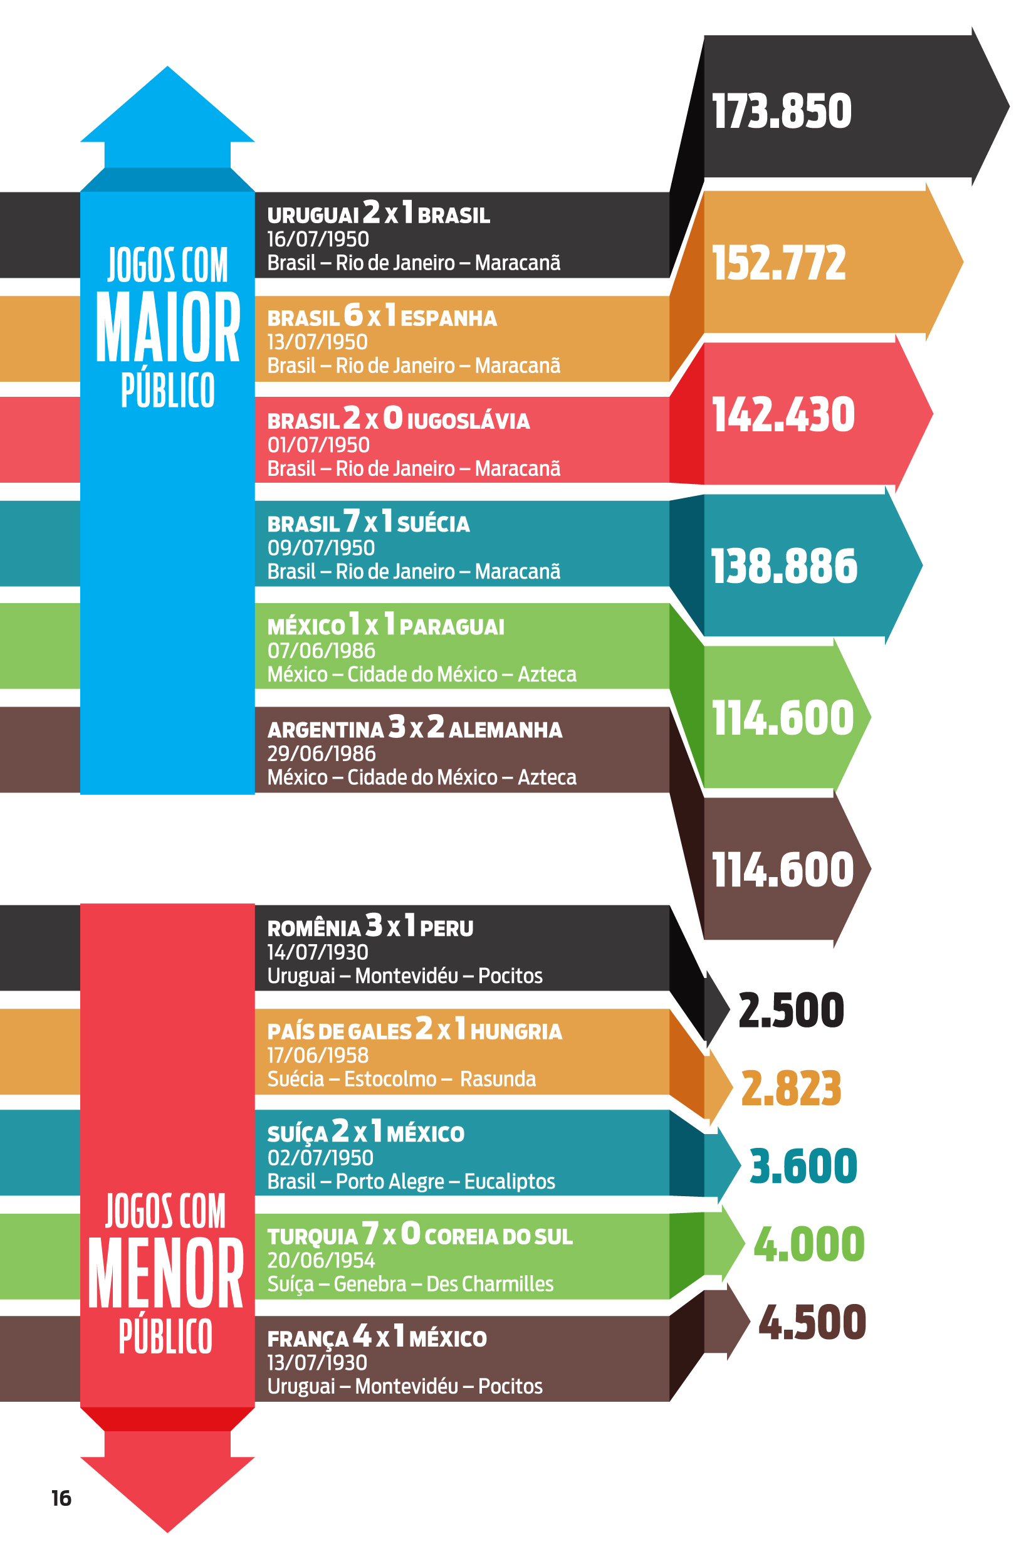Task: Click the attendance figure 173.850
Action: click(x=781, y=111)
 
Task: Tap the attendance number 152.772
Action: click(x=778, y=263)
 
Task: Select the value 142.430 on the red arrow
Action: click(x=783, y=415)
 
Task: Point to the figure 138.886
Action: click(x=783, y=566)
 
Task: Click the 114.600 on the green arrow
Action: click(x=782, y=718)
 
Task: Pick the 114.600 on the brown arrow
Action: click(x=782, y=870)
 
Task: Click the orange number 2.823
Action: click(x=791, y=1088)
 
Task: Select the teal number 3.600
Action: click(x=803, y=1166)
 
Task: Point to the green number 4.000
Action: click(x=808, y=1244)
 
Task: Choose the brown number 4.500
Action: click(x=812, y=1322)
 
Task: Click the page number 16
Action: click(x=61, y=1498)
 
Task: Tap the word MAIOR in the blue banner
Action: click(x=168, y=328)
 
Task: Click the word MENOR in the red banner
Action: click(x=166, y=1273)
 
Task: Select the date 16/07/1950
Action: click(x=318, y=239)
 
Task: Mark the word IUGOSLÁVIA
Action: click(x=468, y=421)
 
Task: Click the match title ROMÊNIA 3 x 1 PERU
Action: click(x=370, y=927)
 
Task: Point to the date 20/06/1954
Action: click(x=320, y=1260)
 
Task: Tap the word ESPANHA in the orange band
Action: click(x=448, y=318)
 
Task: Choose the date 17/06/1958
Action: click(x=318, y=1055)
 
